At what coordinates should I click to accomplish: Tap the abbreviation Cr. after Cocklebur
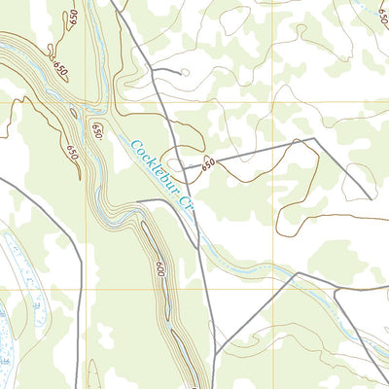[188, 209]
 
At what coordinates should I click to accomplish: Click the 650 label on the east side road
[207, 166]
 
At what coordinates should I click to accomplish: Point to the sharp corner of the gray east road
[316, 139]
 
